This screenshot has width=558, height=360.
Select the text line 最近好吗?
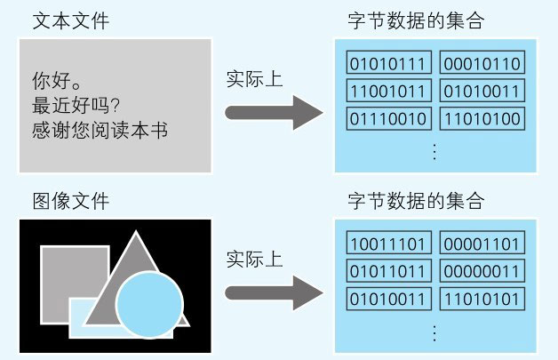pyautogui.click(x=74, y=103)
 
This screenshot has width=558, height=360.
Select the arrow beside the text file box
pyautogui.click(x=272, y=111)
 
